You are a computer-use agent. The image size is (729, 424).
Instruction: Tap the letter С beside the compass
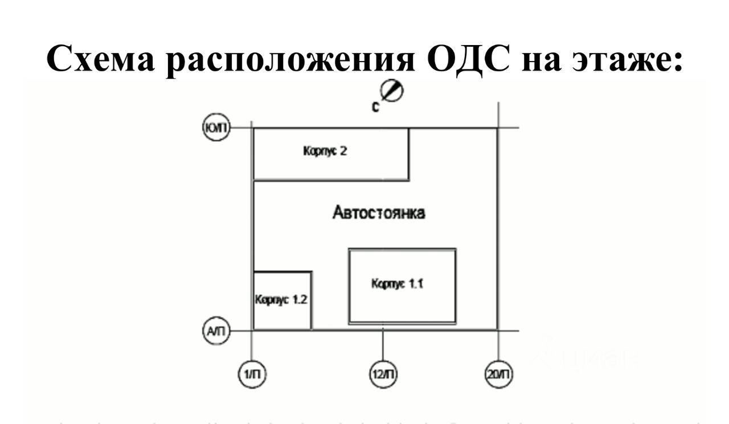click(376, 107)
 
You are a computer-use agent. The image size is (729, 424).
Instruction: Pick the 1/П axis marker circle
click(252, 374)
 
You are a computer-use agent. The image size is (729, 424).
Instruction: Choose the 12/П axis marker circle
click(383, 374)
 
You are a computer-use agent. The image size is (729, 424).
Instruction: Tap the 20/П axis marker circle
click(499, 374)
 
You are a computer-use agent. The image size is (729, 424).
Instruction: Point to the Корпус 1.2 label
click(281, 300)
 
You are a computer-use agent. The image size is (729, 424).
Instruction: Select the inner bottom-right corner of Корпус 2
click(408, 180)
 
